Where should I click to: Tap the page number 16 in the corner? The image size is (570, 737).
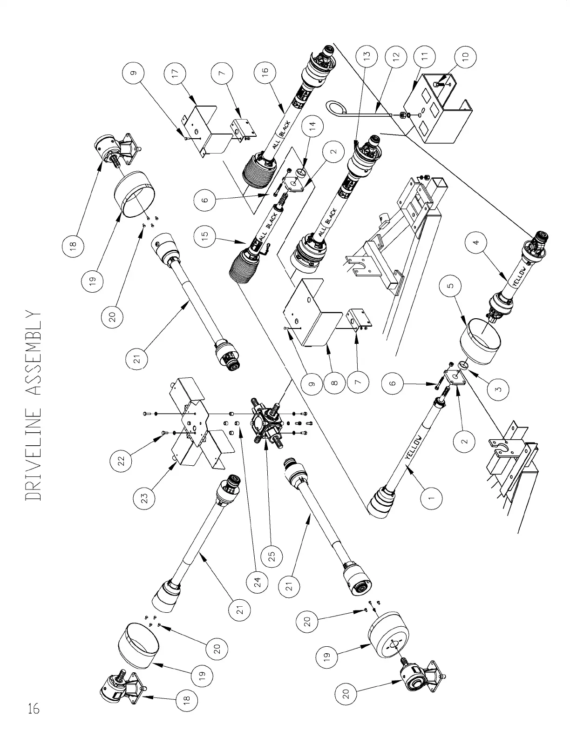tap(33, 708)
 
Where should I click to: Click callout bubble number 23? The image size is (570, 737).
tap(145, 498)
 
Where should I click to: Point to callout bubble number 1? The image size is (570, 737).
tap(431, 498)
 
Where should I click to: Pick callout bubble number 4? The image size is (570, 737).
tap(476, 242)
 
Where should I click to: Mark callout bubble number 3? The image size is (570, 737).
tap(498, 389)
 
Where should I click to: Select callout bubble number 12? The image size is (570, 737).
tap(396, 56)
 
